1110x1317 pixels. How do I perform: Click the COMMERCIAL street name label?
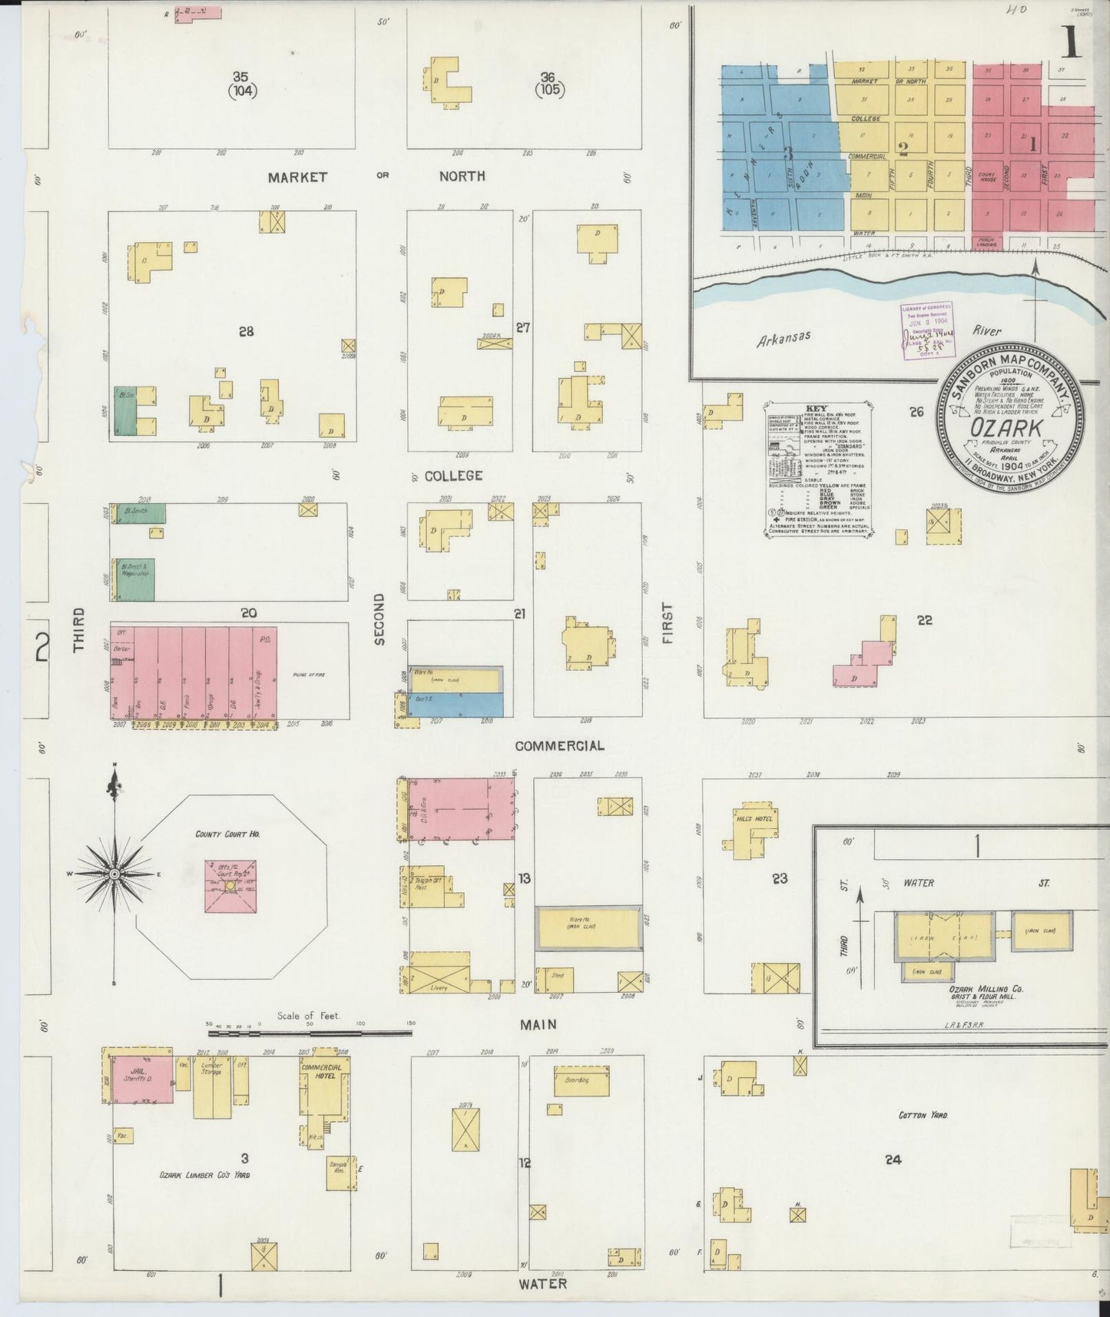[x=559, y=745]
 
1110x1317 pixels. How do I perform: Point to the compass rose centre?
[x=114, y=874]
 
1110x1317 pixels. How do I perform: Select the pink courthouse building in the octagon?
[x=229, y=886]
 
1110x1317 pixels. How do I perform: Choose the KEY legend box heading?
[x=817, y=408]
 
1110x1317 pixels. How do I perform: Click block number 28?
[x=246, y=332]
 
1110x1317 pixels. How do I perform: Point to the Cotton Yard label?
[x=923, y=1115]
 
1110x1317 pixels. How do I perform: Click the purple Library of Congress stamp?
[x=926, y=329]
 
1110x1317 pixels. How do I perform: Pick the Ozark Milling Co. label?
[x=979, y=989]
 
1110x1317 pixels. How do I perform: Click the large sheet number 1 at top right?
[x=1071, y=44]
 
